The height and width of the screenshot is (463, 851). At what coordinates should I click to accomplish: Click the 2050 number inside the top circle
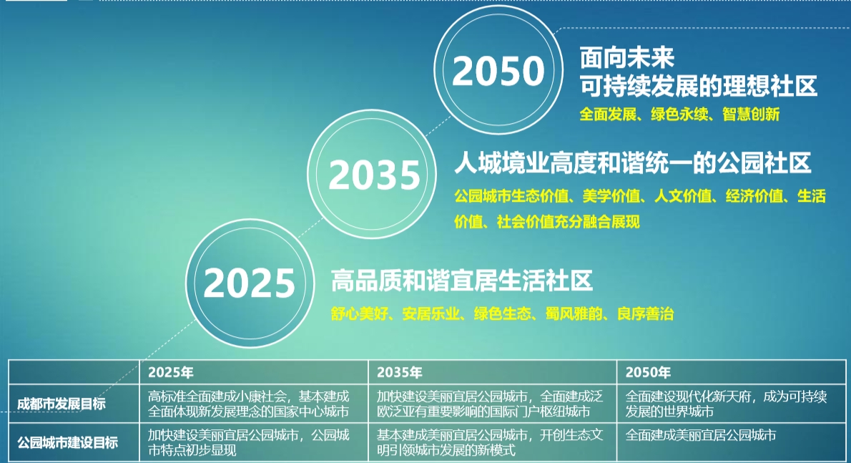[x=498, y=71]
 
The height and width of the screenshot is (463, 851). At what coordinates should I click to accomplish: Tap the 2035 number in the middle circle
[x=375, y=175]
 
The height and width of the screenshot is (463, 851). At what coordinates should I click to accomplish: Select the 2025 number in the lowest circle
[x=249, y=283]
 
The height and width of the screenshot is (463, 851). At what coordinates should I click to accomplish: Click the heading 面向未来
[x=627, y=57]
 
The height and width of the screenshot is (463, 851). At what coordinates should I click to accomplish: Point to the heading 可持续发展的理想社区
[x=699, y=86]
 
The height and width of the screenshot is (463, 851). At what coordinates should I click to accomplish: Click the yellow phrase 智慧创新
[x=751, y=114]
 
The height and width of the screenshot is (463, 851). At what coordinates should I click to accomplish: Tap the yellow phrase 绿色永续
[x=679, y=114]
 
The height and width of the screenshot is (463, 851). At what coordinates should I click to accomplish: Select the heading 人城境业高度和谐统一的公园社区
[x=633, y=163]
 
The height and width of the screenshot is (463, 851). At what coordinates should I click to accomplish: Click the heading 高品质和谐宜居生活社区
[x=462, y=281]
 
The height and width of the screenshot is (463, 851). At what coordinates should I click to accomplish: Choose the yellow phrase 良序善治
[x=645, y=313]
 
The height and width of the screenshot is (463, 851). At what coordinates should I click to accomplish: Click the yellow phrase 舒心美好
[x=359, y=313]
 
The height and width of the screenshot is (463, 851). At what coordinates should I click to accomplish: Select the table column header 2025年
[x=171, y=372]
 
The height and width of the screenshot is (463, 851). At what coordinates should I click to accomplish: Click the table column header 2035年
[x=400, y=372]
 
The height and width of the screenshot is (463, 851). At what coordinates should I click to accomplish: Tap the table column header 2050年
[x=648, y=372]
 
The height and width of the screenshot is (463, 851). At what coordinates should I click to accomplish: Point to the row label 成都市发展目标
[x=62, y=404]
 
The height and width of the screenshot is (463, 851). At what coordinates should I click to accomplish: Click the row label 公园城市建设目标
[x=67, y=442]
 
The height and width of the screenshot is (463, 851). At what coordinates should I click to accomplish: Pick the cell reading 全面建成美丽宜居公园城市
[x=701, y=435]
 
